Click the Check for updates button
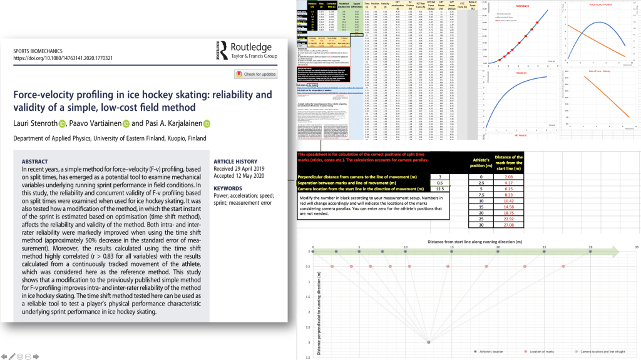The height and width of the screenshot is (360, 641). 255,74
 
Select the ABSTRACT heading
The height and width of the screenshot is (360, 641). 35,161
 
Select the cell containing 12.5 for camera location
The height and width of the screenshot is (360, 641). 440,188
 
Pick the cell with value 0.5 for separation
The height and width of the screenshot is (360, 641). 440,182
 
